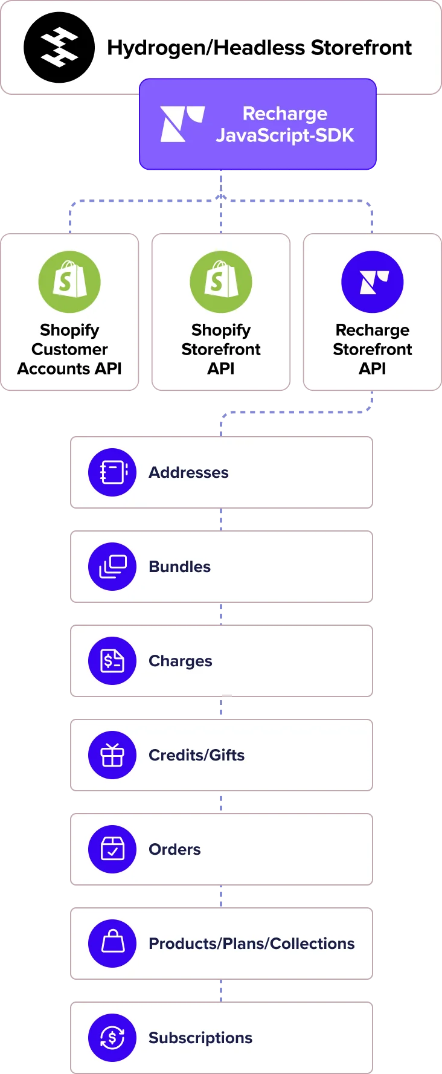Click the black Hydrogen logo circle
point(59,48)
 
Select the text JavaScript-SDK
point(285,135)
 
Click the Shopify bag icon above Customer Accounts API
point(69,281)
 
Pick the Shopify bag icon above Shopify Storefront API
point(221,281)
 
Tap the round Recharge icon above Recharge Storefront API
point(373,281)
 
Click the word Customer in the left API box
point(69,349)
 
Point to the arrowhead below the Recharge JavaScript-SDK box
point(220,194)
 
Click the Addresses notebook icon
point(112,472)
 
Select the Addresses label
point(188,472)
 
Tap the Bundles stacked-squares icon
point(112,567)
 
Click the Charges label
point(180,661)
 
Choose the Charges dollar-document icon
point(112,661)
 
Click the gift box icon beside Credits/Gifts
point(112,755)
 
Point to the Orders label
point(175,849)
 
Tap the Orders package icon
point(112,849)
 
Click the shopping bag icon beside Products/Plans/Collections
point(112,944)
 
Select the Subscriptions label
point(200,1038)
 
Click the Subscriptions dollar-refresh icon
point(112,1038)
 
